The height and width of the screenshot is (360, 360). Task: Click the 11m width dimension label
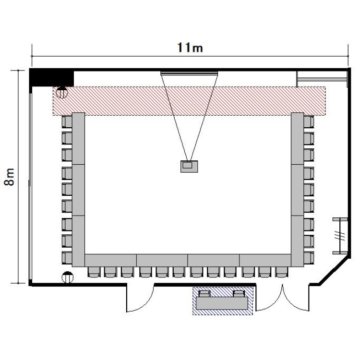(190, 48)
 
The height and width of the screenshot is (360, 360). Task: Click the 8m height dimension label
(10, 177)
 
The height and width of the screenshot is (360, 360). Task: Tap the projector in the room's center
(189, 166)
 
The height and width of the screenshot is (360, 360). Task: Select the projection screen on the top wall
(189, 73)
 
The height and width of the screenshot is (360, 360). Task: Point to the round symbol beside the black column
(62, 92)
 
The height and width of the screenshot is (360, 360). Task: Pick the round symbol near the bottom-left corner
(68, 277)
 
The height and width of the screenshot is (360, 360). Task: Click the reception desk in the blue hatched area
(222, 303)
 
